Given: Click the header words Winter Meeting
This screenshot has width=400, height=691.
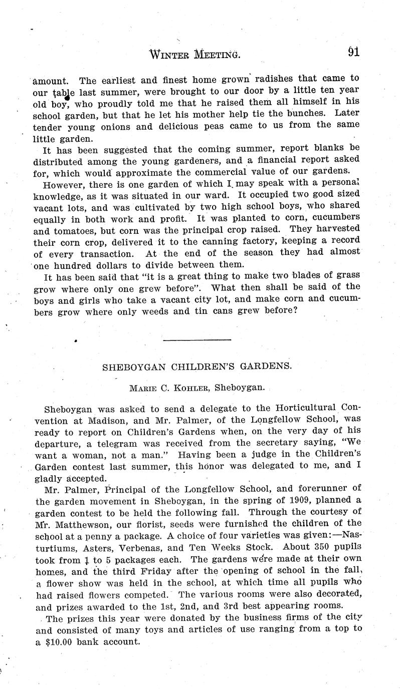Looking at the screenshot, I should click(195, 54).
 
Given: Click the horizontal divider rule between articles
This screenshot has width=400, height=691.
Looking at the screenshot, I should click(197, 340).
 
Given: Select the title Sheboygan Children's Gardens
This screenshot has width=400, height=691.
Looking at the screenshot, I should click(197, 366).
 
